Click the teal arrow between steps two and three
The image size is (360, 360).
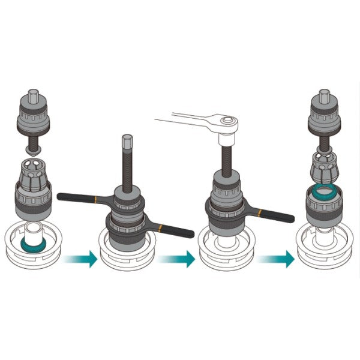point(178,259)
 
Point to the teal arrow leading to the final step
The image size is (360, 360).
point(277,259)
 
